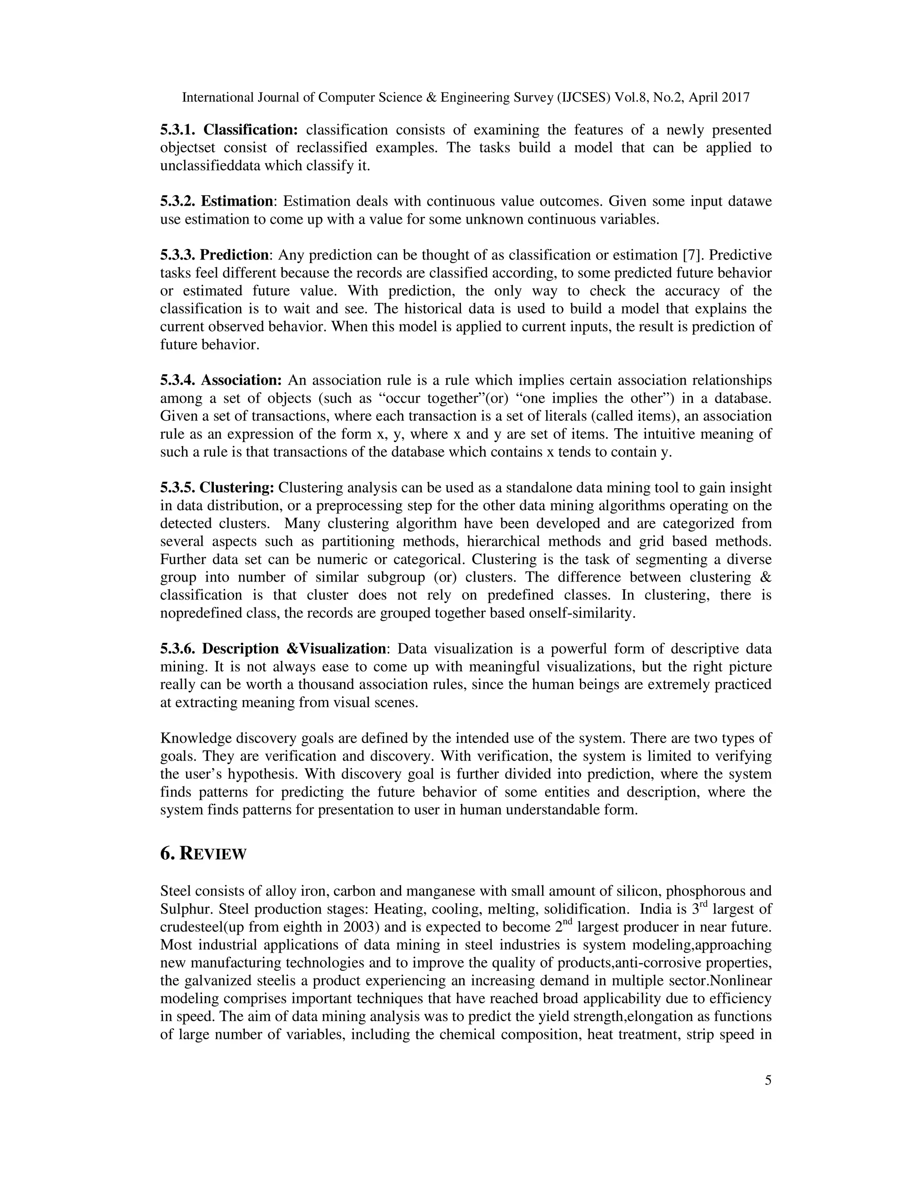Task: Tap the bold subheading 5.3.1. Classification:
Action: tap(229, 130)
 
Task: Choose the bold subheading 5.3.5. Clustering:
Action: tap(217, 488)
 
